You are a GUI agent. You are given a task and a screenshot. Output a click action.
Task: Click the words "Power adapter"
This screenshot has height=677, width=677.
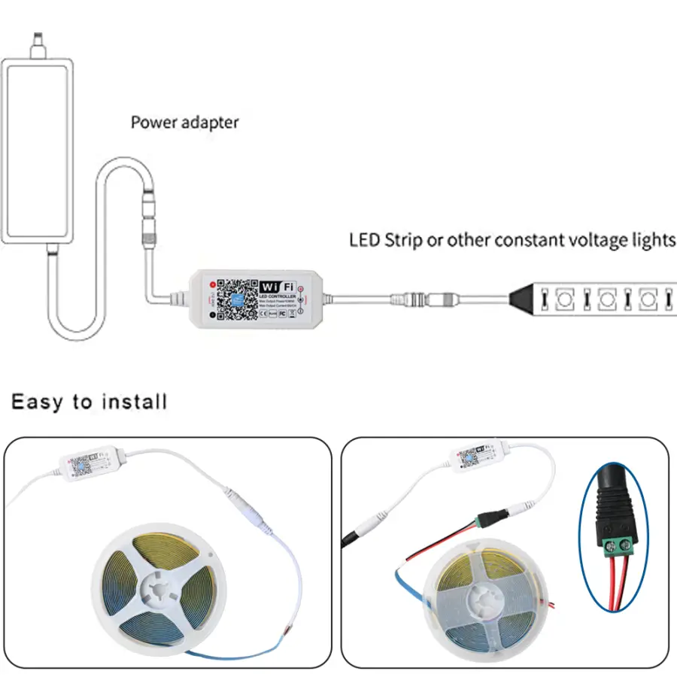pyautogui.click(x=184, y=122)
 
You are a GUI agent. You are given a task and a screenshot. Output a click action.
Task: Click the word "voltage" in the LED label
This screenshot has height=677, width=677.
pyautogui.click(x=594, y=241)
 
